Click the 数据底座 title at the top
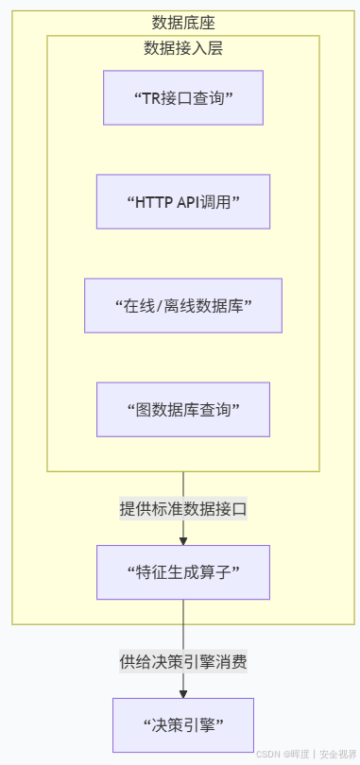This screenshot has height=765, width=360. point(183,23)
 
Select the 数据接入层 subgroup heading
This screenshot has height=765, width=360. point(183,48)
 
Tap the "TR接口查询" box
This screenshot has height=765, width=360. point(183,97)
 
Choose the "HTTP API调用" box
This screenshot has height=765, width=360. point(183,201)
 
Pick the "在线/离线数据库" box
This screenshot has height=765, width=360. point(183,305)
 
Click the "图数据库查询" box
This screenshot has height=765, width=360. point(183,409)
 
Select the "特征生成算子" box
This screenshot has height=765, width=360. point(183,572)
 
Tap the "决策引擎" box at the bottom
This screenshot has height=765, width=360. point(183,725)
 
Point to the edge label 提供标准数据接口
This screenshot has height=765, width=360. point(183,509)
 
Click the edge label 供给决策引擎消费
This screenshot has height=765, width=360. point(183,661)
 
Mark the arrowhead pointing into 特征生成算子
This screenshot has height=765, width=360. point(183,541)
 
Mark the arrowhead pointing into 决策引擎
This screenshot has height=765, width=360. point(183,694)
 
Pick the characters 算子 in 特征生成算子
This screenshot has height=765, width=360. point(216,572)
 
